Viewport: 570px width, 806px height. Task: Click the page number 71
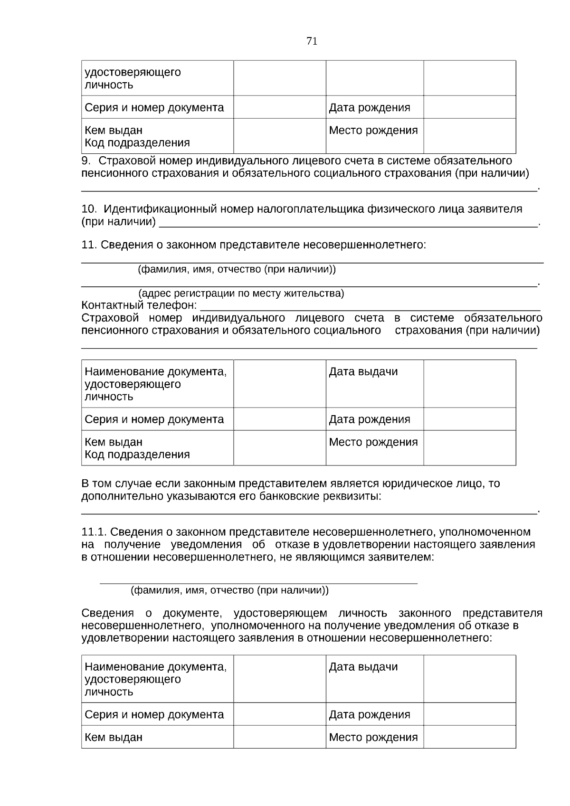point(312,41)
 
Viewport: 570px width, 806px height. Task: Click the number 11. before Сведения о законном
point(89,245)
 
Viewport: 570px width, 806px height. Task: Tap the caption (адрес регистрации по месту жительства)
point(241,294)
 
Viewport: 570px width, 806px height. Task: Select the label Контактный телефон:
point(139,305)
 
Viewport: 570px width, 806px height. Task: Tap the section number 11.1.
point(95,532)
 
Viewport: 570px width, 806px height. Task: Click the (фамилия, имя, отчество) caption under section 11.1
point(229,591)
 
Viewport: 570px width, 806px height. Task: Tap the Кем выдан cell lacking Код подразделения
point(114,738)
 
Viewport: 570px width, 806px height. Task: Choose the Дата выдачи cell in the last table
point(363,667)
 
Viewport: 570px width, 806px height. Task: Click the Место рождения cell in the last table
point(373,738)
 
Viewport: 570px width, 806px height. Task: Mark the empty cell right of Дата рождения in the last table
point(469,714)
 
